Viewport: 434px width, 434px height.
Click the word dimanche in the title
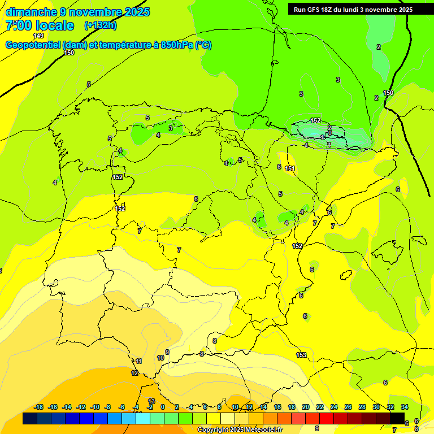(x=31, y=12)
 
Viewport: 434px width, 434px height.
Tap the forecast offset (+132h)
(x=100, y=25)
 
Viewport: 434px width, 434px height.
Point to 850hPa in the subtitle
(x=176, y=45)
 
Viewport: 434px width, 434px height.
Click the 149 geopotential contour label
(x=38, y=36)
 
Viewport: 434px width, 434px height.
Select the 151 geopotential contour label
(x=290, y=168)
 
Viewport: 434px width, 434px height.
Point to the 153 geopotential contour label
(x=301, y=355)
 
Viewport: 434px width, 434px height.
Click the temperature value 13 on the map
(x=151, y=401)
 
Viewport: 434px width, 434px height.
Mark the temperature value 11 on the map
(x=139, y=361)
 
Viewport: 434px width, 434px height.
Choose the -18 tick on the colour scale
(x=39, y=407)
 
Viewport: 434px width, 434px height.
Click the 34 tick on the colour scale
(x=405, y=407)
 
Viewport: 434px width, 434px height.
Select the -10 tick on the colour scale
(x=94, y=407)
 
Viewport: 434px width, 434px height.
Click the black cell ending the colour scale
(x=398, y=418)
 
